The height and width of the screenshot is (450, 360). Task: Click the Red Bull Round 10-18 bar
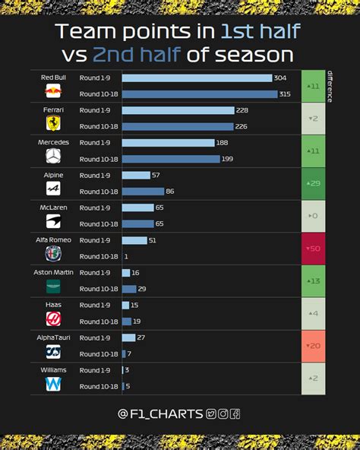coord(200,94)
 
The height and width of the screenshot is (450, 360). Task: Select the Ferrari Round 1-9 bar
coord(178,110)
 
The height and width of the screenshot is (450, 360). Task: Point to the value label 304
coord(281,78)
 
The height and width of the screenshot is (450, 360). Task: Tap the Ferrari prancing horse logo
coord(53,123)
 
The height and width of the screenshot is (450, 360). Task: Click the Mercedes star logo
coord(53,156)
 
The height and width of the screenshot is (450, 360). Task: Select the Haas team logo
coord(53,318)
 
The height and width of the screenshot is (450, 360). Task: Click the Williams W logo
coord(53,384)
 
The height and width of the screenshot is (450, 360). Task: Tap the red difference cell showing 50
coord(312,249)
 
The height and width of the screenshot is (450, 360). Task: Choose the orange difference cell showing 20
coord(312,346)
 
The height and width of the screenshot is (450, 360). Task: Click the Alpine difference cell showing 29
coord(312,183)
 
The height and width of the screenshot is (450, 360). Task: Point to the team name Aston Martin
coord(53,272)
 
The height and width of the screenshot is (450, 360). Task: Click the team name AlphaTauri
coord(53,337)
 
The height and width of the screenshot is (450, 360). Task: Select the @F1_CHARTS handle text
coord(160,414)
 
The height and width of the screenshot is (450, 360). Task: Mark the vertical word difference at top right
coord(330,86)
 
